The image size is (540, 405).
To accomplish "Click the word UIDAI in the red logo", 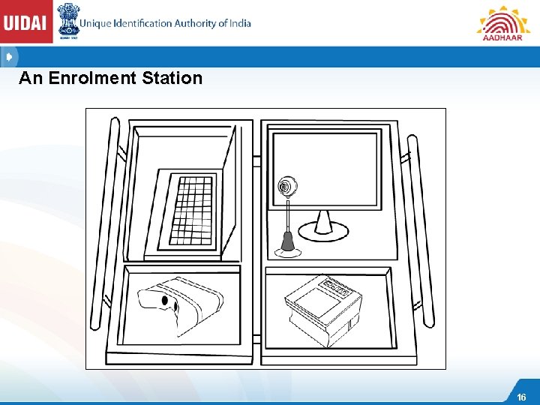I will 26,22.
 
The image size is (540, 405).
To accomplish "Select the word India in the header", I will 239,23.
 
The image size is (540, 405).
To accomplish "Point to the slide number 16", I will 522,397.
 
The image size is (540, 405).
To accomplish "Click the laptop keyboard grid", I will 191,209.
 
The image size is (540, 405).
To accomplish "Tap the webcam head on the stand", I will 286,185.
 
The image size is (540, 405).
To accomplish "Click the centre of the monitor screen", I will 325,170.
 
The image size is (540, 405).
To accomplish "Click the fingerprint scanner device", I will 325,307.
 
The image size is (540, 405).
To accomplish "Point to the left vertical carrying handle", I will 104,225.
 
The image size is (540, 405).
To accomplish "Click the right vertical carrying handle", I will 420,232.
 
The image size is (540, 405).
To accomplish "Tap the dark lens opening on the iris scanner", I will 165,301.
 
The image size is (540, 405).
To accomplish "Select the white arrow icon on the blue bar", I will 9,57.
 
